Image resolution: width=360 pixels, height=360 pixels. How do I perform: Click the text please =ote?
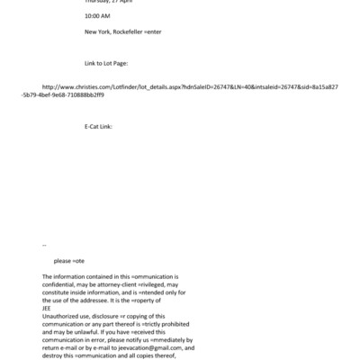point(68,260)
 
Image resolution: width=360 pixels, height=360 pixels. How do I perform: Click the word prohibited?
point(166,324)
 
